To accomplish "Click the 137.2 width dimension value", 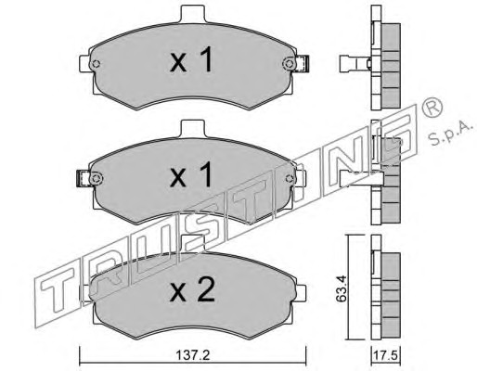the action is pyautogui.click(x=193, y=355).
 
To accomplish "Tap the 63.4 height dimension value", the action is pyautogui.click(x=342, y=288).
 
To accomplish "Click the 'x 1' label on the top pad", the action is pyautogui.click(x=192, y=59).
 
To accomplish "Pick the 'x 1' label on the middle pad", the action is pyautogui.click(x=191, y=174).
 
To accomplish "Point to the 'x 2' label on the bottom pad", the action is pyautogui.click(x=192, y=289).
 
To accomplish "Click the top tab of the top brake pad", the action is pyautogui.click(x=192, y=14).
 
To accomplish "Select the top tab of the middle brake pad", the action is pyautogui.click(x=192, y=128).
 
